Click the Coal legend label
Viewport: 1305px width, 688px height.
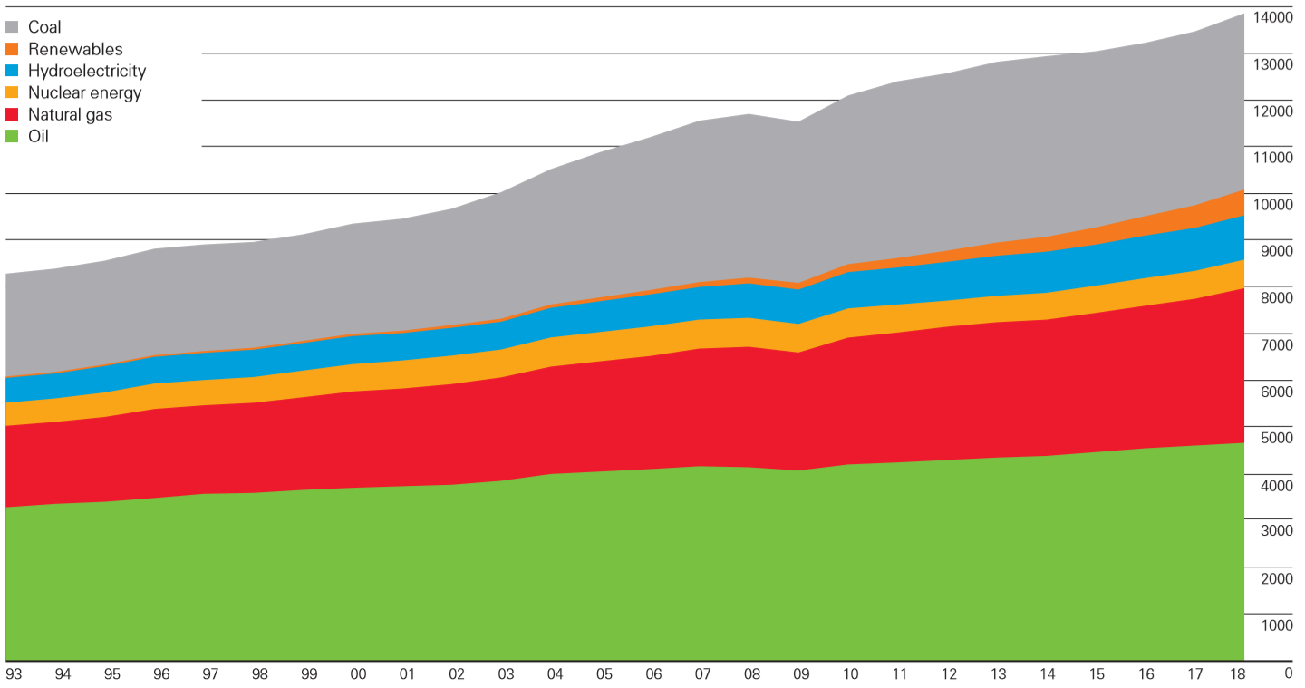44,27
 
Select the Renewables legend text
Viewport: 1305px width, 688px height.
75,49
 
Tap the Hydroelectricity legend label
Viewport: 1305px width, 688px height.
87,71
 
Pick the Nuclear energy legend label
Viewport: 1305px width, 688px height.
84,92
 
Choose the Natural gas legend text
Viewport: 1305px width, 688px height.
70,115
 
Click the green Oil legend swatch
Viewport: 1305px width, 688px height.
13,136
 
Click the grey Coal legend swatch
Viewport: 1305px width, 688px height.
13,27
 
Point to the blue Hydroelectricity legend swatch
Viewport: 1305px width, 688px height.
13,71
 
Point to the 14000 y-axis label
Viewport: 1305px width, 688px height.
1272,17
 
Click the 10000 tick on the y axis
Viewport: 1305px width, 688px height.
1272,205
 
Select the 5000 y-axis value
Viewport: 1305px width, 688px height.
1276,438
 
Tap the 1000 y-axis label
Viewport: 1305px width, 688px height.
1276,625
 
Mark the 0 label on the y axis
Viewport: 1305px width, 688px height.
1288,673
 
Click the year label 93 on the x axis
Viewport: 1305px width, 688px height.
14,674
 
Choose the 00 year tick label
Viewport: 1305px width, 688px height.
358,674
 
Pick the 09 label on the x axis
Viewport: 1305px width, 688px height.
802,674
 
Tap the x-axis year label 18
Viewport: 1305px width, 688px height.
1237,674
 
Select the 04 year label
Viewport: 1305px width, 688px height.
556,674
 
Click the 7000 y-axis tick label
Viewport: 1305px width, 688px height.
1276,344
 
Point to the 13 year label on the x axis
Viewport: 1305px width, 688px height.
999,674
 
